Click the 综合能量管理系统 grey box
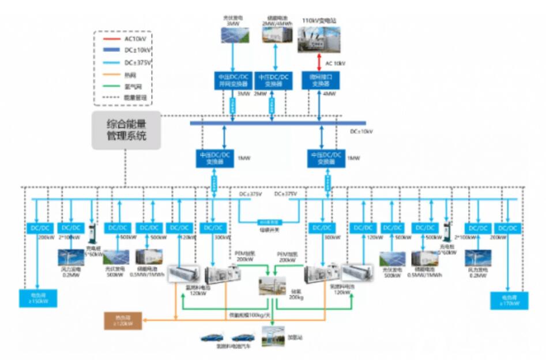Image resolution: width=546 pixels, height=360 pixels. (x=126, y=131)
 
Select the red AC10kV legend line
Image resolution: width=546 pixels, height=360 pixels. (x=111, y=39)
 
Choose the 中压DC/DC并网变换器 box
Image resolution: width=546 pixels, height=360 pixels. (x=232, y=80)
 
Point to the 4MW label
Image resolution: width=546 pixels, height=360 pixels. (x=328, y=94)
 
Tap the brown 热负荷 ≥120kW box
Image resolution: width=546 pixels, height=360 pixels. (x=122, y=321)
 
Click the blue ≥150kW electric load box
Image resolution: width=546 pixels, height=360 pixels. (x=38, y=299)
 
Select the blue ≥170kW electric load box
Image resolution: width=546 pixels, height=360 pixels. (x=508, y=300)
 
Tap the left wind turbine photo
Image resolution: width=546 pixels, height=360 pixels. (x=71, y=257)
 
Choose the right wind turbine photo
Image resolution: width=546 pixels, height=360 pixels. (x=478, y=257)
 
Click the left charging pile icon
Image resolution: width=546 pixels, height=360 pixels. (x=91, y=236)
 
